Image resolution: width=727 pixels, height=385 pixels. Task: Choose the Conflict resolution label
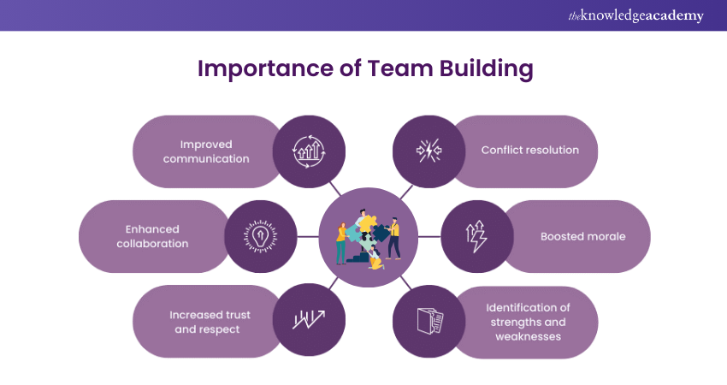coord(529,150)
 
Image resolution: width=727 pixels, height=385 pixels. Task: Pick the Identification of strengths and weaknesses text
coord(528,322)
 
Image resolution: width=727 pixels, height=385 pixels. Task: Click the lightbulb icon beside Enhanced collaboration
coord(261,237)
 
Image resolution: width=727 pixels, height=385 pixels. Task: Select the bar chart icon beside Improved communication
coord(308,151)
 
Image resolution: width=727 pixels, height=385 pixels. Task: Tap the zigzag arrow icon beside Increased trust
coord(308,321)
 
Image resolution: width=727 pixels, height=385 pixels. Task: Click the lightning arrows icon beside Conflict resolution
coord(429,151)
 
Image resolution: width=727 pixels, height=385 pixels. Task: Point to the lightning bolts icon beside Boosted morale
coord(476,237)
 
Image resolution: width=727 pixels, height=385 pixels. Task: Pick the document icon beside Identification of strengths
coord(429,322)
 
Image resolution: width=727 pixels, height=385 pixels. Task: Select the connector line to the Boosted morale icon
coord(429,237)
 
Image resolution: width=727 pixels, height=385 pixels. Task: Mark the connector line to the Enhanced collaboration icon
coord(308,237)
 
